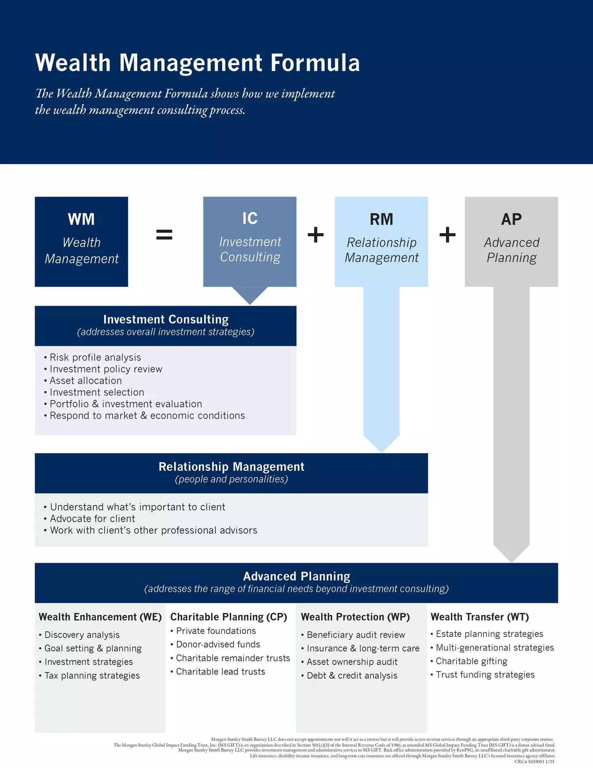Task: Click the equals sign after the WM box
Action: click(164, 234)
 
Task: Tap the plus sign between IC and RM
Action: click(315, 234)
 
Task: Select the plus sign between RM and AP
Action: click(447, 234)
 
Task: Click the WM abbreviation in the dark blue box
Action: click(81, 219)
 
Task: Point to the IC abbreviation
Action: click(250, 219)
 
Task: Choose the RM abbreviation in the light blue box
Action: click(381, 219)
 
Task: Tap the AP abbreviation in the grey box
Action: click(511, 219)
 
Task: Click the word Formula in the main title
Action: click(315, 63)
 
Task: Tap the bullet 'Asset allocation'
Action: click(86, 381)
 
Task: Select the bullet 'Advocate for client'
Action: click(93, 519)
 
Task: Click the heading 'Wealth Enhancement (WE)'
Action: click(100, 617)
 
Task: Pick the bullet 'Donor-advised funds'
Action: click(218, 644)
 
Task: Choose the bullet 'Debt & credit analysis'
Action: click(352, 675)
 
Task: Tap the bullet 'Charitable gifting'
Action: click(471, 661)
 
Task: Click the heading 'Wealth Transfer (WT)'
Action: click(479, 617)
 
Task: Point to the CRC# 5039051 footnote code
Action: click(534, 762)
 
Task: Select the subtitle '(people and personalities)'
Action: click(231, 479)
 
